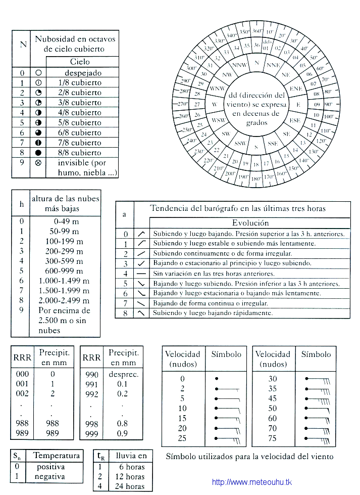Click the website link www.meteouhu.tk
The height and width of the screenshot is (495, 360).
coord(251,482)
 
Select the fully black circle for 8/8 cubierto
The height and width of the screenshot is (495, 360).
coord(38,152)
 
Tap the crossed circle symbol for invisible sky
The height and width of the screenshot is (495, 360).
coord(38,163)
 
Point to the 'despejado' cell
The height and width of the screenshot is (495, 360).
coord(83,73)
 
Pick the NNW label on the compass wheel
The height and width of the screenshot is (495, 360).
coord(238,66)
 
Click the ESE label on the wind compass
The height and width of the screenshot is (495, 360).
coord(295,121)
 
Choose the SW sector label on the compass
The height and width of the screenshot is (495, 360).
coord(226,134)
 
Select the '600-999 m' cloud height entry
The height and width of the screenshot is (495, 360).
coord(64,271)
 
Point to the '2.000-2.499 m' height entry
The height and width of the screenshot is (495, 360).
coord(64,301)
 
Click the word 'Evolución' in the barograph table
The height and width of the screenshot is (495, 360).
coord(250,222)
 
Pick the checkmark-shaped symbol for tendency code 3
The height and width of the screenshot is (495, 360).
coord(142,263)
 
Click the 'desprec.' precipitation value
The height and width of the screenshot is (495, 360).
coord(123,374)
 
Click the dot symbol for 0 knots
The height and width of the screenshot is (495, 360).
coord(217,378)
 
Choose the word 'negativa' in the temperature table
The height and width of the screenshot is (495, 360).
coord(50,476)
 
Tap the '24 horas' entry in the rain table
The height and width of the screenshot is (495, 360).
coord(131,486)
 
